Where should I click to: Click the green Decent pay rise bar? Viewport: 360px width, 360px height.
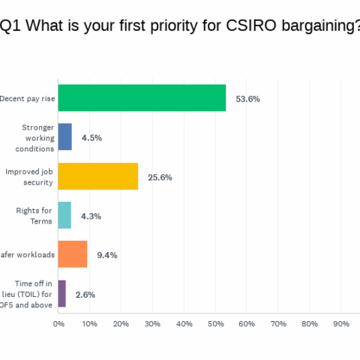click(x=142, y=98)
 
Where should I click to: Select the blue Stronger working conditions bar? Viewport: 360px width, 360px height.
click(x=65, y=137)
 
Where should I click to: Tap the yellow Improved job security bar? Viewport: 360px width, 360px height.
click(x=98, y=176)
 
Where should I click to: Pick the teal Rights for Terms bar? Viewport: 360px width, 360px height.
click(x=64, y=215)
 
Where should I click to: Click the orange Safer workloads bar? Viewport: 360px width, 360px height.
click(x=73, y=254)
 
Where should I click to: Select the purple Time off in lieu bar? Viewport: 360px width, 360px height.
click(x=62, y=293)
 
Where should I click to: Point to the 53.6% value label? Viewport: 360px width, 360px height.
click(x=247, y=99)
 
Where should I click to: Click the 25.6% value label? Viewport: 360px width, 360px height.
click(x=160, y=177)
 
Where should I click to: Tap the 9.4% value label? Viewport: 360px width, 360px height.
click(x=109, y=255)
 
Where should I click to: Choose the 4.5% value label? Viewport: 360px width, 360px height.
click(x=93, y=138)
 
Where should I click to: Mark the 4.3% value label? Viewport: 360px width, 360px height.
click(x=91, y=216)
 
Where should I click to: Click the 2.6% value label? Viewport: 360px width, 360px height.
click(x=85, y=294)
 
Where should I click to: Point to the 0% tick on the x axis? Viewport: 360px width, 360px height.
click(x=58, y=324)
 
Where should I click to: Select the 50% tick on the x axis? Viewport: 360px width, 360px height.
click(x=215, y=324)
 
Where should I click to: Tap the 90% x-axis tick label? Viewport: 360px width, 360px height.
click(x=341, y=324)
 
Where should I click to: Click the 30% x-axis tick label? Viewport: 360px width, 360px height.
click(x=152, y=324)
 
